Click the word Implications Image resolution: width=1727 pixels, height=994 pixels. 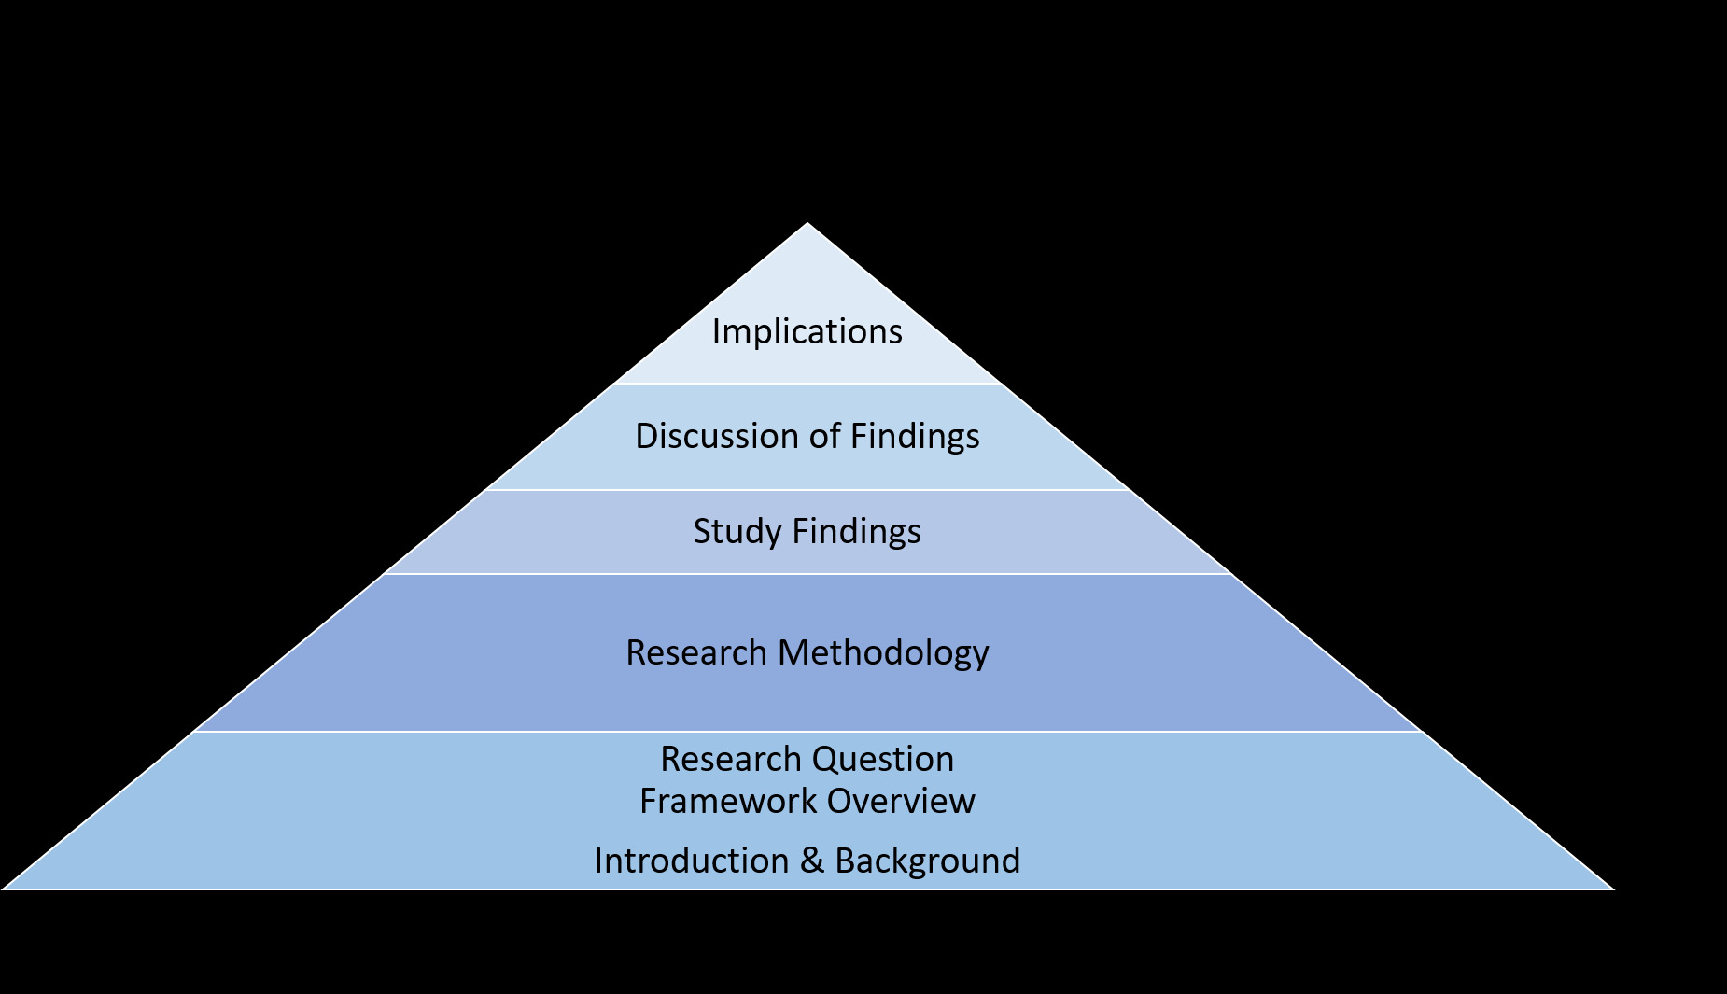[x=807, y=332]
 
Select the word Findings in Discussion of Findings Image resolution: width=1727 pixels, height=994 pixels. [x=915, y=437]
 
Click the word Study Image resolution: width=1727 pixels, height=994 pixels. [x=737, y=532]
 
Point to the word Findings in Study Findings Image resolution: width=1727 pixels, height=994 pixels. [x=857, y=532]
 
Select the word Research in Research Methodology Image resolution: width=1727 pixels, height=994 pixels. [x=696, y=653]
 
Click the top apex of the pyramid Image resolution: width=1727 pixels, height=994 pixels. [x=807, y=224]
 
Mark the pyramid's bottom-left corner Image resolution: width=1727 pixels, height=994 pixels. [x=5, y=888]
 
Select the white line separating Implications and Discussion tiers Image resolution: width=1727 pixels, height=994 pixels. [x=807, y=384]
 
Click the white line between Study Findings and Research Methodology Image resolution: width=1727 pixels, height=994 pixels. [x=807, y=574]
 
